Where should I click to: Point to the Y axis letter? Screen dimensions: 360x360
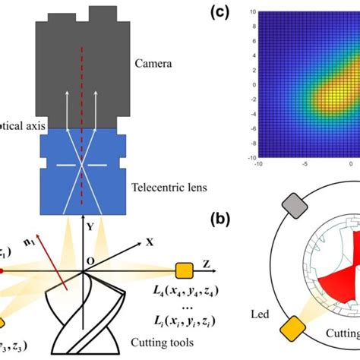[89, 226]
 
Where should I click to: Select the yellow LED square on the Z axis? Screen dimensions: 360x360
[183, 270]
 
